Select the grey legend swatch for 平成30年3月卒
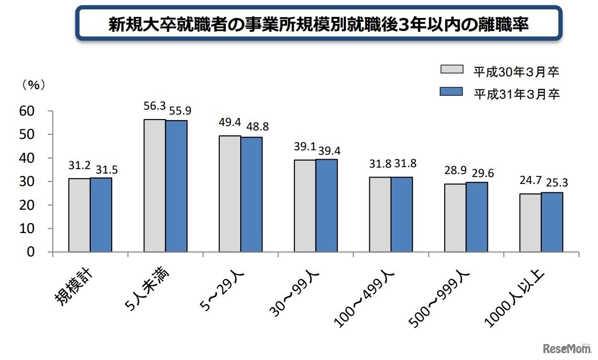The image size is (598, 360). (x=451, y=70)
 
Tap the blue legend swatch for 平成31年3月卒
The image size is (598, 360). (x=451, y=92)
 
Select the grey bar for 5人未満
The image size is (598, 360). (x=154, y=186)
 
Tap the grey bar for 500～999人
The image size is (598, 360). (x=455, y=218)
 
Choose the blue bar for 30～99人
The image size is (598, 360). (x=327, y=205)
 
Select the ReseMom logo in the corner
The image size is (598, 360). (x=566, y=347)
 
